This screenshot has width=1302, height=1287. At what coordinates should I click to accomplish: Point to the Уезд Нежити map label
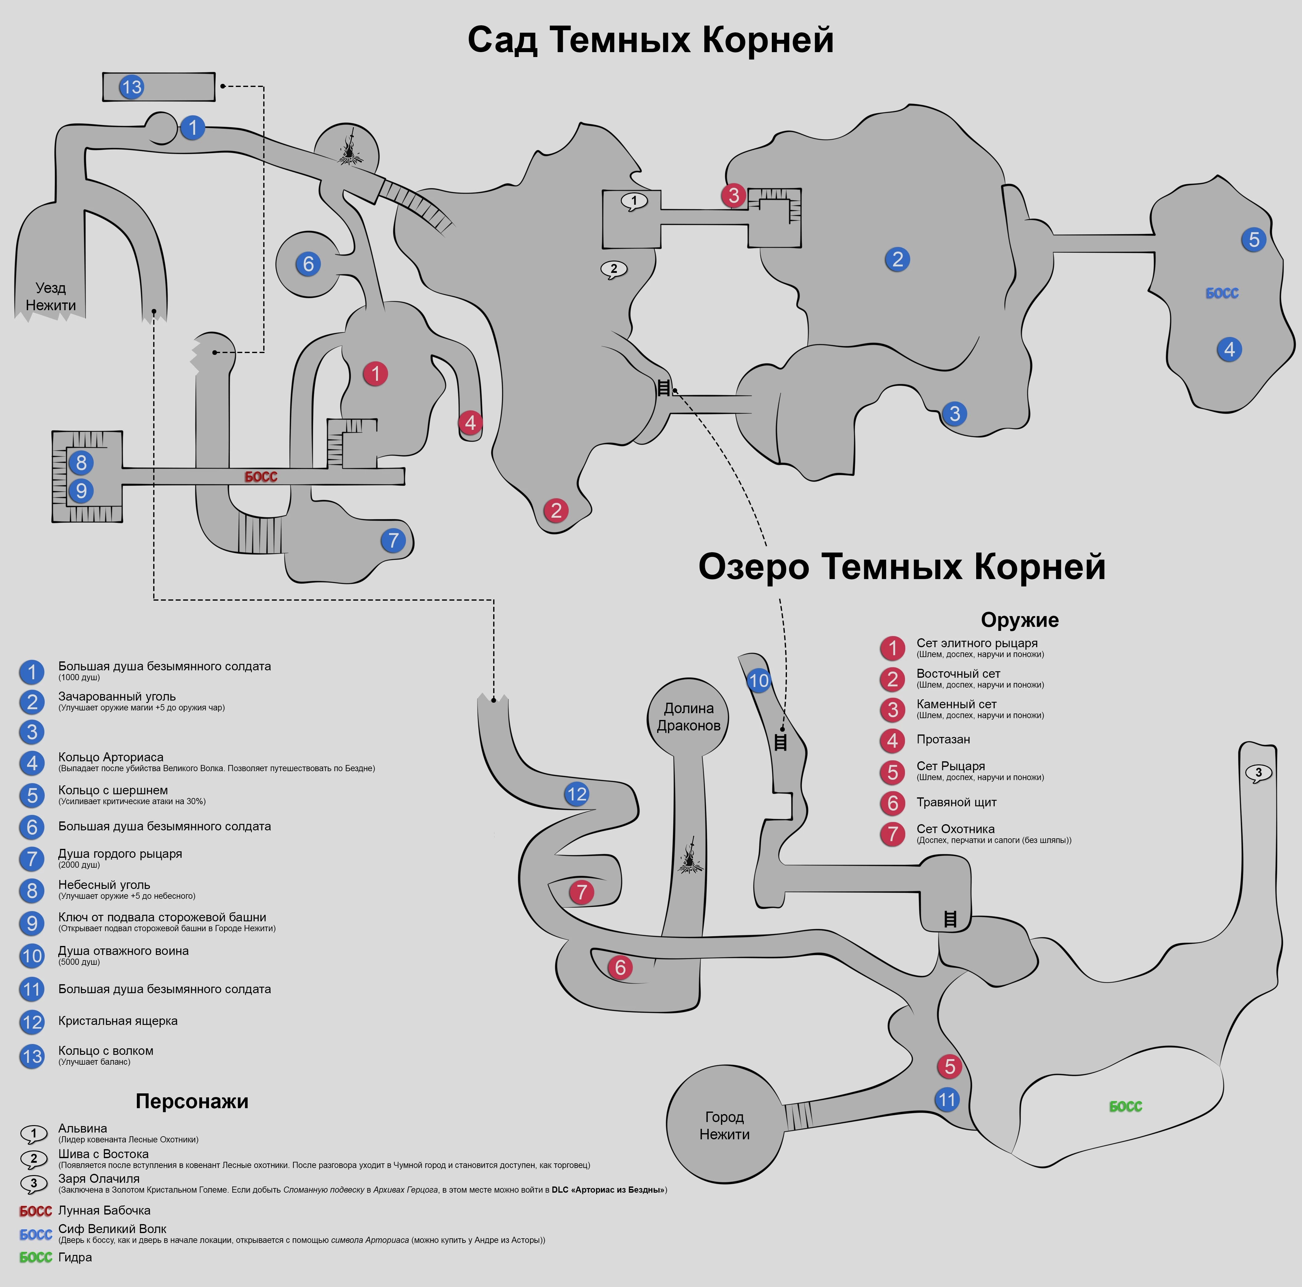[51, 297]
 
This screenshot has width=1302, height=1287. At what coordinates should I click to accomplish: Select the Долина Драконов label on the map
[688, 717]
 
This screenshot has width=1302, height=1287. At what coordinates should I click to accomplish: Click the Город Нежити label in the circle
[724, 1125]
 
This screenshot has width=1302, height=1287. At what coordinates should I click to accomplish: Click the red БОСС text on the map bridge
[261, 477]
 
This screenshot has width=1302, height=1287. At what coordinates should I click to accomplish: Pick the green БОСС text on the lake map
[1125, 1106]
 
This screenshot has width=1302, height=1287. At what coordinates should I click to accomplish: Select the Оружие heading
[1020, 619]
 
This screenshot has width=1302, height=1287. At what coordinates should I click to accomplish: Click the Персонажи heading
[192, 1101]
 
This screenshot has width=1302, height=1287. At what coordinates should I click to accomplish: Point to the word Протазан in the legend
[943, 740]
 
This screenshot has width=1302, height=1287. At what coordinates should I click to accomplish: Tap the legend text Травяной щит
[956, 802]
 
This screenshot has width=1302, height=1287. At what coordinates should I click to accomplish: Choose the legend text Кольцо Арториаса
[111, 757]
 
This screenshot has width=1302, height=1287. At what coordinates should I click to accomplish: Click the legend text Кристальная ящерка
[118, 1021]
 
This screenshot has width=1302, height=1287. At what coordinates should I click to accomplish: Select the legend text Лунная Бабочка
[104, 1210]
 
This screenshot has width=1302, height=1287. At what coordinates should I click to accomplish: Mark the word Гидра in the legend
[75, 1257]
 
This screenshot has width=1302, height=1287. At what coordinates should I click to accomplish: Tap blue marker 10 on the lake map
[759, 681]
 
